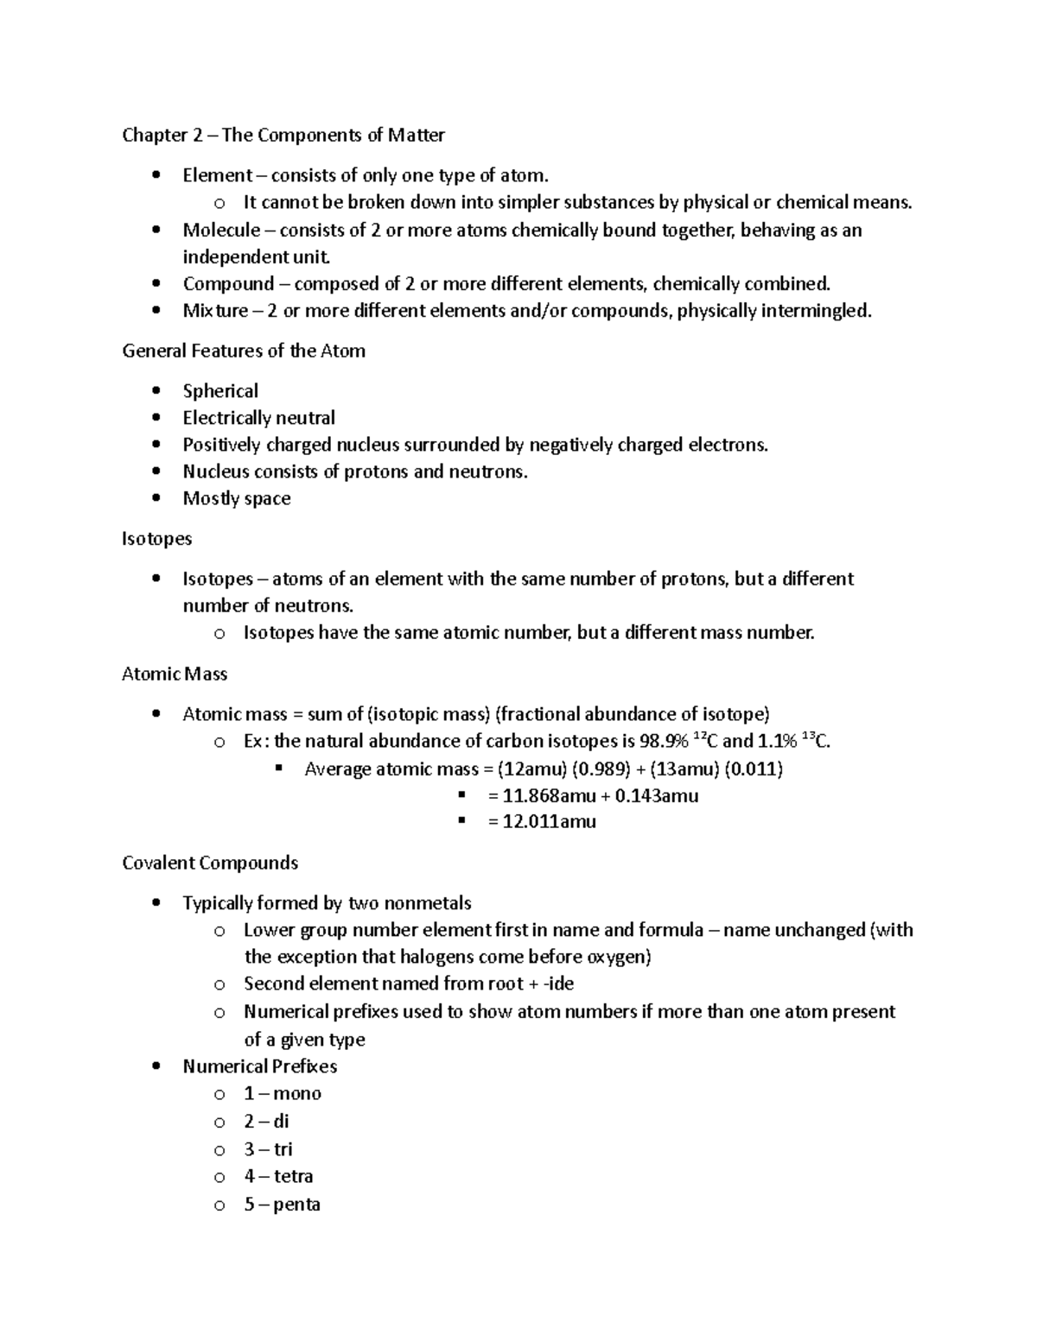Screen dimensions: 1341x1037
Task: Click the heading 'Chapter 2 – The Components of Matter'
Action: tap(283, 135)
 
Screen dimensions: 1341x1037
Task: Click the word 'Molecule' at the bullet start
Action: tap(221, 230)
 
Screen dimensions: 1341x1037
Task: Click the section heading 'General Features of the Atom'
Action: tap(244, 351)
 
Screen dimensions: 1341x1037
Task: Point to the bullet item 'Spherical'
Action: tap(220, 391)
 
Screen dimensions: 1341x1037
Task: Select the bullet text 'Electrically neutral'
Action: tap(258, 418)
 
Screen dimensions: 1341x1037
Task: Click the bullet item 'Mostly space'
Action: tap(236, 498)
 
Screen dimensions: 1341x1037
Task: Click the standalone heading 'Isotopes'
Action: tap(157, 539)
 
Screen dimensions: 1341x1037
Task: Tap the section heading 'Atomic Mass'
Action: tap(175, 674)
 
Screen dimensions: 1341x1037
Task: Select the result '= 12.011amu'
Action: tap(542, 822)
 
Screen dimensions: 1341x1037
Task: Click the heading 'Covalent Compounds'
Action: tap(210, 863)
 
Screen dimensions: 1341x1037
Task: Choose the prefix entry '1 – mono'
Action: tap(283, 1093)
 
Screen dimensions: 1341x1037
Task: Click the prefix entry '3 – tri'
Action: tap(268, 1149)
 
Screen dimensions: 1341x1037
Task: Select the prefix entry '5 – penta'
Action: tap(282, 1205)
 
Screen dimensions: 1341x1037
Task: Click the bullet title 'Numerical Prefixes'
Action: tap(259, 1066)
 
